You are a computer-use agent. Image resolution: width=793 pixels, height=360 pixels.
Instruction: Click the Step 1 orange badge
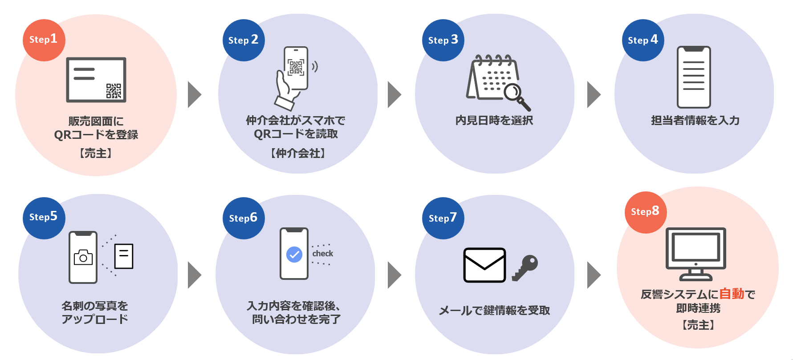(44, 40)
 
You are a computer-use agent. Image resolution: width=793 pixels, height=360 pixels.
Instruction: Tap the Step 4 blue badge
(643, 40)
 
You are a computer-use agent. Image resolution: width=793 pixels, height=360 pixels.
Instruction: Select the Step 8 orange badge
(645, 212)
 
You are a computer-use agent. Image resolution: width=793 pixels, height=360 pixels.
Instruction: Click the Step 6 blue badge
(243, 218)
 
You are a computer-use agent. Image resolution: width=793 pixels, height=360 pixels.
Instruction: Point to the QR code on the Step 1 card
(114, 91)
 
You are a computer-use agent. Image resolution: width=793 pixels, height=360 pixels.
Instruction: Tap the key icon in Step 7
(525, 267)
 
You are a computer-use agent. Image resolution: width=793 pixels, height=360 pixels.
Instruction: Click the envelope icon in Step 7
(484, 265)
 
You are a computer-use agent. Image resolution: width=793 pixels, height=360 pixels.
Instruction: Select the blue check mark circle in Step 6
(294, 255)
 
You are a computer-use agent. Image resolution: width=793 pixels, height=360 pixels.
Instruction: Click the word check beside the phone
(323, 254)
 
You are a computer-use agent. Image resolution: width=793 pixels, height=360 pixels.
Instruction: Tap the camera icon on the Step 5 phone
(83, 258)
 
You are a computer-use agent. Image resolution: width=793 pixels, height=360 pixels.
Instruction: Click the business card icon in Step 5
(124, 256)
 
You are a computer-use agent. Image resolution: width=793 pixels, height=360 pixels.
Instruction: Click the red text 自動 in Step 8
(732, 294)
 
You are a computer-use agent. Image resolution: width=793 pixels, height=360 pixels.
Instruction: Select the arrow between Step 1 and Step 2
(195, 94)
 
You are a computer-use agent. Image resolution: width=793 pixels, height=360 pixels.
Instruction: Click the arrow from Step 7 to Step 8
(594, 275)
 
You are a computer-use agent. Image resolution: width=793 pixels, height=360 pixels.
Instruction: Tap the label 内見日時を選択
(494, 121)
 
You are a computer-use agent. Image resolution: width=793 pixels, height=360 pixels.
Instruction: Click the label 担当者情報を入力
(695, 121)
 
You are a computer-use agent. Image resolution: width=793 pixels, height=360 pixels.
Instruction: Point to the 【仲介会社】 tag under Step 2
(298, 154)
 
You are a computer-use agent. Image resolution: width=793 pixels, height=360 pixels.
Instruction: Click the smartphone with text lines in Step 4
(694, 77)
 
